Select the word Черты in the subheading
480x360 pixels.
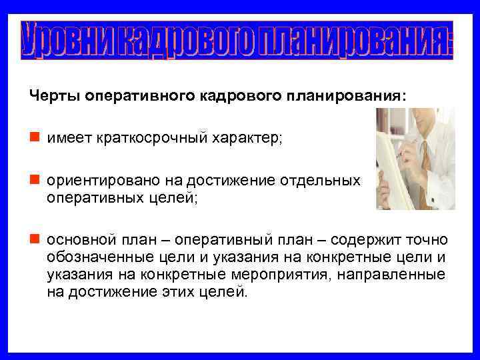pos(52,95)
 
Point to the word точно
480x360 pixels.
pos(430,239)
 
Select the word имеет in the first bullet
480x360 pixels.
pos(64,138)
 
